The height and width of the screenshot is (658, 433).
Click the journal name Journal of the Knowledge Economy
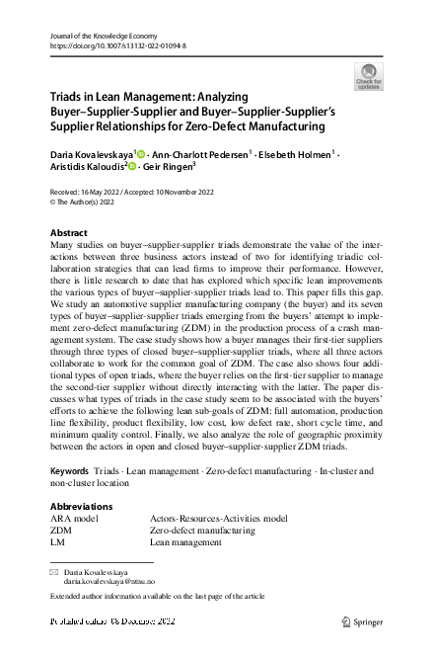(107, 35)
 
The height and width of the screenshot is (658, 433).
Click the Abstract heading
(68, 233)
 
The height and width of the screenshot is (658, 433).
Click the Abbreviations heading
(81, 507)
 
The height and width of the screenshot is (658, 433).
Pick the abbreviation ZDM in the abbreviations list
(60, 530)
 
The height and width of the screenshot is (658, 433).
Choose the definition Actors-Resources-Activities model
(218, 518)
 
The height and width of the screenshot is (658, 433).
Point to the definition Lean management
(185, 542)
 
